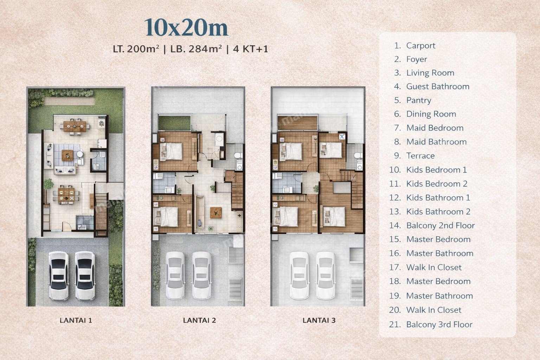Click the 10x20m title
pos(186,27)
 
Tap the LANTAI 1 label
pos(76,320)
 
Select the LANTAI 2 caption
pos(199,320)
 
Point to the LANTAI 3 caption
pos(319,320)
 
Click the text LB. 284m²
pos(196,49)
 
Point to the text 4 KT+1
pos(250,49)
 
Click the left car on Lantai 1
pos(59,276)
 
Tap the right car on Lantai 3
pos(326,276)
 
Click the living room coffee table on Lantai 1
pos(67,155)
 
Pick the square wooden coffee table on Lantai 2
pos(216,213)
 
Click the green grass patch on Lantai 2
pos(174,123)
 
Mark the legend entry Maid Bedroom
pos(435,128)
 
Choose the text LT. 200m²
pos(136,49)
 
